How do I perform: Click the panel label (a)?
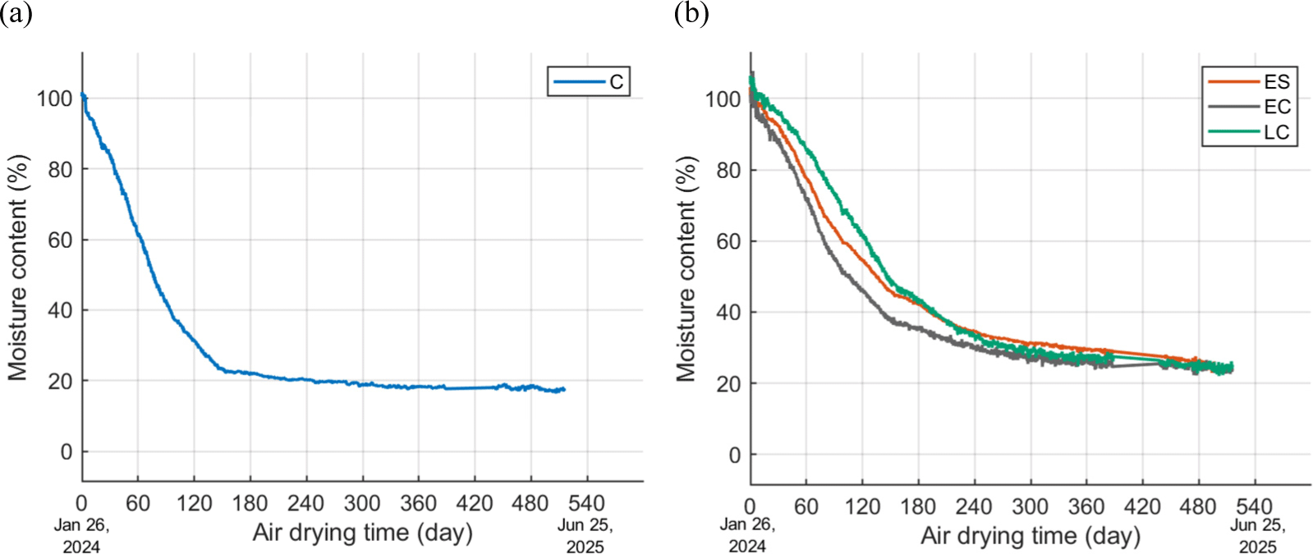[x=16, y=13]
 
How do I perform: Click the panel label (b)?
[x=691, y=13]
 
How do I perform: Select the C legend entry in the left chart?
[x=589, y=81]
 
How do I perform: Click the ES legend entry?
[x=1249, y=81]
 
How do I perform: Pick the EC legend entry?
[x=1249, y=107]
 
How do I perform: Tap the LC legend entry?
[x=1249, y=132]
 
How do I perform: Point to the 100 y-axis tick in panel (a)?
[x=54, y=98]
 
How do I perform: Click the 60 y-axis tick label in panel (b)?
[x=728, y=241]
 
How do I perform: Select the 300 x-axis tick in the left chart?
[x=362, y=503]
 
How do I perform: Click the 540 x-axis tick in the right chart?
[x=1254, y=506]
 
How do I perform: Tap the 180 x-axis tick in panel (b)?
[x=918, y=506]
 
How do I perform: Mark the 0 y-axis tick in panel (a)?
[x=66, y=452]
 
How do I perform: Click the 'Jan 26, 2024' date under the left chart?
[x=81, y=536]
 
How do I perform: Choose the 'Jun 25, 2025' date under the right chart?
[x=1257, y=536]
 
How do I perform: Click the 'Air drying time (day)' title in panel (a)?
[x=362, y=533]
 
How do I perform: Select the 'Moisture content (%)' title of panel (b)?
[x=686, y=269]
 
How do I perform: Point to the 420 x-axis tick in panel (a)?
[x=475, y=503]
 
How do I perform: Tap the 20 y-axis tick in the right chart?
[x=728, y=383]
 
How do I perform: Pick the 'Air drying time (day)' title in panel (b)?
[x=1031, y=536]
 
